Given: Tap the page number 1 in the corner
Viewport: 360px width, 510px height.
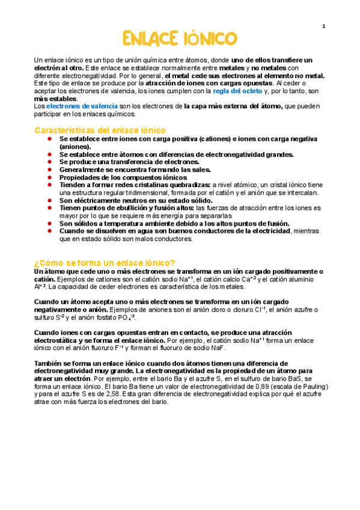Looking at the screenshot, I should click(323, 26).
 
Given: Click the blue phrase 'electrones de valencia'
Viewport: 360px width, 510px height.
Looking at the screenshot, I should click(75, 106).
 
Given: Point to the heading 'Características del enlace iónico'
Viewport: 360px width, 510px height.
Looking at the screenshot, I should click(100, 130).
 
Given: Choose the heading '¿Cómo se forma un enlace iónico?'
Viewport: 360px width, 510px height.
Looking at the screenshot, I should click(105, 263).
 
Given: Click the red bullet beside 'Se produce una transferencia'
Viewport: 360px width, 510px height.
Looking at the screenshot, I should click(49, 162).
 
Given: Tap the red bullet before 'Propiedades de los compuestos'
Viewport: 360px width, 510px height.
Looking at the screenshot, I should click(49, 177).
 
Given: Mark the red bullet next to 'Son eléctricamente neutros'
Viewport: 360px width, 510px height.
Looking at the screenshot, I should click(49, 200).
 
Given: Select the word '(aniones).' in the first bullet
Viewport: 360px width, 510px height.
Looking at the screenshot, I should click(75, 146).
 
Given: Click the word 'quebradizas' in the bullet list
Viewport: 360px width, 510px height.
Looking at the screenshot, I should click(184, 185).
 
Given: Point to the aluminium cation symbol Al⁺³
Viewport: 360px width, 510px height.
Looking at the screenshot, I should click(41, 287).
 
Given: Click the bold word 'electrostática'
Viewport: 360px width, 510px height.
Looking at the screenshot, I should click(58, 340).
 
